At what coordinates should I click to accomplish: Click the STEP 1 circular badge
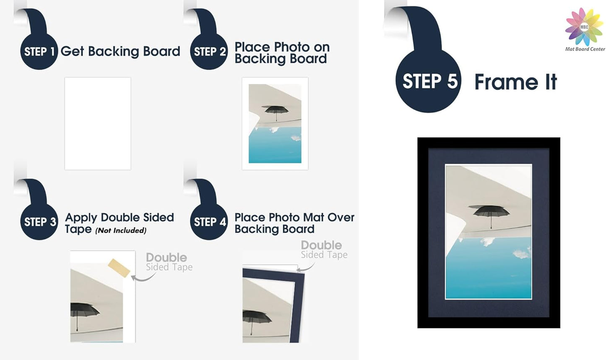[39, 51]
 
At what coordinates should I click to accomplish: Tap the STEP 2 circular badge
[209, 51]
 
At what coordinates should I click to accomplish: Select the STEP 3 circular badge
[39, 222]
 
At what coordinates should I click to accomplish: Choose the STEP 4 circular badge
[209, 222]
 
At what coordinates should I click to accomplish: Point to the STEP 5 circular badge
[428, 81]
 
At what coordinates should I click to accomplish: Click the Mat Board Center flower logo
[584, 27]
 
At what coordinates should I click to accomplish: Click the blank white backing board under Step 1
[98, 123]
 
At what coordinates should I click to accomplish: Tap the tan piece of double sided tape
[119, 268]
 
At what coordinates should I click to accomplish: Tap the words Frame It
[515, 82]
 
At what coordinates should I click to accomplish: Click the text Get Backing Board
[120, 51]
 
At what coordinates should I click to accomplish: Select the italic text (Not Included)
[121, 230]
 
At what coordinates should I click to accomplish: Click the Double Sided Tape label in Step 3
[169, 262]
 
